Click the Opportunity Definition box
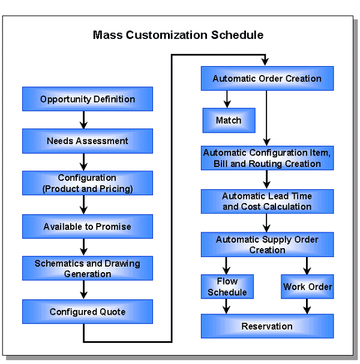[x=88, y=99]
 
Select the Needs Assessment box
[x=88, y=141]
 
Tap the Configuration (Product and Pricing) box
[x=88, y=183]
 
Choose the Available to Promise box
[x=88, y=226]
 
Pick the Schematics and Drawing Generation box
[x=88, y=268]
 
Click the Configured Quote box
[x=88, y=312]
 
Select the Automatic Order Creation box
[x=267, y=79]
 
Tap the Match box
[x=229, y=120]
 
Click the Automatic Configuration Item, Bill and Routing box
[x=267, y=159]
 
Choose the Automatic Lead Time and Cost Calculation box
[x=267, y=202]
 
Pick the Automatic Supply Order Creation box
[x=267, y=244]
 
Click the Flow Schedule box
[x=227, y=287]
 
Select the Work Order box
[x=307, y=287]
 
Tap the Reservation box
[x=267, y=326]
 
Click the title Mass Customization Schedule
[x=178, y=35]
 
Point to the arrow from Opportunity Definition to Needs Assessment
[x=84, y=120]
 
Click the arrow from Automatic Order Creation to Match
[x=227, y=99]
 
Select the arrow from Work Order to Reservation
[x=307, y=306]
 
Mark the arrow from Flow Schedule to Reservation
[x=227, y=306]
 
